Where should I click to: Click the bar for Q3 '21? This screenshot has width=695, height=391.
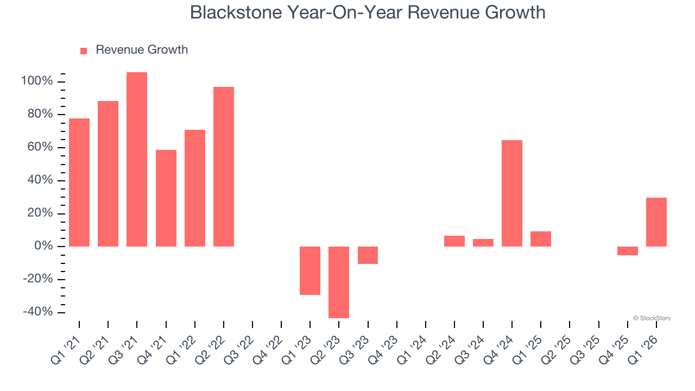pos(137,159)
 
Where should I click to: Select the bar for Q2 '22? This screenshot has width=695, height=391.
pos(224,167)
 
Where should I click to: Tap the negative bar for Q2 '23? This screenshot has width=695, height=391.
pos(339,282)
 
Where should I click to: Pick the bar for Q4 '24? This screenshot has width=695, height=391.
pos(512,193)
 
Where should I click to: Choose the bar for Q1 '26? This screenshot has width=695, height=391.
pos(656,222)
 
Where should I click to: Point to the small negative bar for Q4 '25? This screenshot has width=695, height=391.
pos(628,251)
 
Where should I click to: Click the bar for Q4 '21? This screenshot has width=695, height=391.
pos(166,198)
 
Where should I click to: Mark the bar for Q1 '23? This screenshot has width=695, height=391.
pos(310,270)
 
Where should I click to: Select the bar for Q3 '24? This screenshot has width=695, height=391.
pos(483,243)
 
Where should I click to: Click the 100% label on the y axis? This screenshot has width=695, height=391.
pos(37,81)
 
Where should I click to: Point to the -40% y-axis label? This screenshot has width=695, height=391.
pos(38,312)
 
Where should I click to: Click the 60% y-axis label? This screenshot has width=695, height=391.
pos(40,148)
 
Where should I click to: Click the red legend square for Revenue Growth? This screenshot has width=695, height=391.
pos(84,51)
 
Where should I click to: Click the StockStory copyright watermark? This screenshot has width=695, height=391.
pos(652,318)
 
